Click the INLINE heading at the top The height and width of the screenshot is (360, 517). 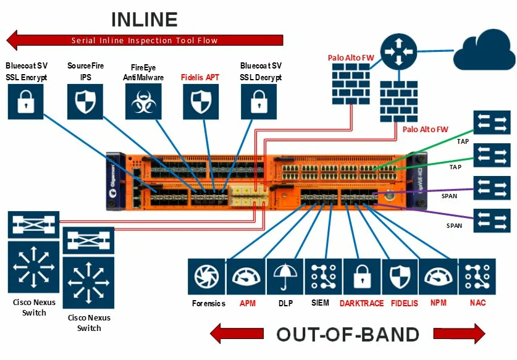point(145,19)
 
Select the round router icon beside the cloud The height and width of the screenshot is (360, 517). point(398,50)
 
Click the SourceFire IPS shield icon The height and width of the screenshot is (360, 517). point(85,101)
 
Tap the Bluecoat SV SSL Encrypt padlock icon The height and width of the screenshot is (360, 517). point(26,101)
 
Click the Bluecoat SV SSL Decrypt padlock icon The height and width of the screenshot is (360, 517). point(259,101)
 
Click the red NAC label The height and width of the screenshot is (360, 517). point(477,303)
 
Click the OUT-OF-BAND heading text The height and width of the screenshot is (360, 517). point(347,334)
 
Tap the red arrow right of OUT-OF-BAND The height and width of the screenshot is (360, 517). point(459,334)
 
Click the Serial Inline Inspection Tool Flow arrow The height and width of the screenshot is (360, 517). point(145,41)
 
